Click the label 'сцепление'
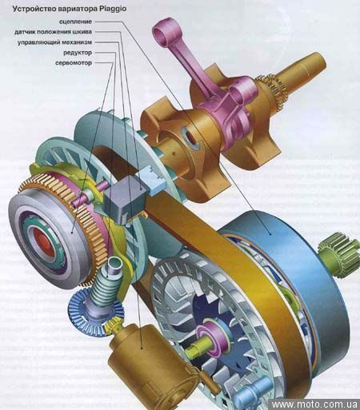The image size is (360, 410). [x=75, y=22]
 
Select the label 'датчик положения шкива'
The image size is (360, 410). [x=53, y=32]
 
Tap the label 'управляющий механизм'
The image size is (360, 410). [x=54, y=42]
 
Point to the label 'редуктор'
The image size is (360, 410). [x=78, y=53]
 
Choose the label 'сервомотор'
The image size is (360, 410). [x=74, y=63]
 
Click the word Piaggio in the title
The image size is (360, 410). [x=113, y=9]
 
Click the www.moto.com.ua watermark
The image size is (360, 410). [x=314, y=404]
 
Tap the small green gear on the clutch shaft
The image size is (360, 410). [x=338, y=253]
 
